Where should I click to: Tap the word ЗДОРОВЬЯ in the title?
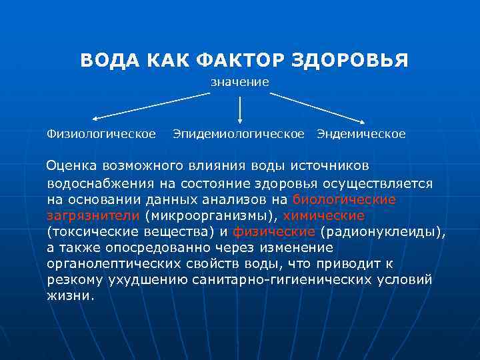pos(349,61)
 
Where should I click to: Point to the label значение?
pos(240,82)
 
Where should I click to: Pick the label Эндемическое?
pos(361,134)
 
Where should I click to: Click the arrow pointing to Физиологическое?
pos(150,107)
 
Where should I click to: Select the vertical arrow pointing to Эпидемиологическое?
pos(240,109)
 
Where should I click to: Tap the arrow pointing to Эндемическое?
pos(317,107)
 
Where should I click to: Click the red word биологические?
pos(344,199)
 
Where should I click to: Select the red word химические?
pos(324,215)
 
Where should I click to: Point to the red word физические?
pos(274,232)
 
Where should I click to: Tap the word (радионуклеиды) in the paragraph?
pos(382,232)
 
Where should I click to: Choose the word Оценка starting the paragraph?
pos(73,165)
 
